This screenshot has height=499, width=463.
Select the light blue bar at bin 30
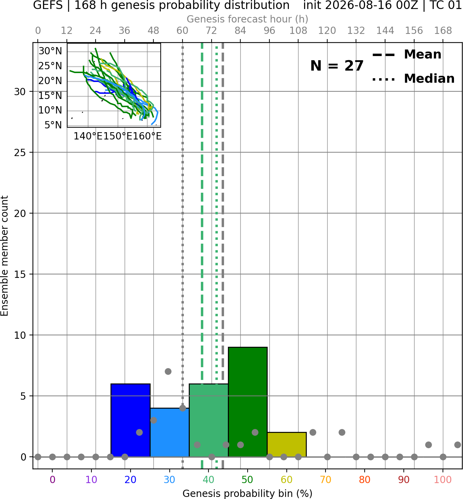point(169,432)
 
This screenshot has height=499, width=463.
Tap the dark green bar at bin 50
point(248,402)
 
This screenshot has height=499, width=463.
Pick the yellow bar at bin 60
point(287,444)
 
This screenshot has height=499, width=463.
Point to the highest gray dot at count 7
point(168,371)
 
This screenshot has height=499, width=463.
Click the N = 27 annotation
point(337,66)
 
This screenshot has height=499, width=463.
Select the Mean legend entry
point(407,54)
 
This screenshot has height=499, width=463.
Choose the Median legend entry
point(413,79)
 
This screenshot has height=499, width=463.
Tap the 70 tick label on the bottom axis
point(326,480)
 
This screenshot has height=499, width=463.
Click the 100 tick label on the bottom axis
point(443,480)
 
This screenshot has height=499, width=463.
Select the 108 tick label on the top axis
point(298,31)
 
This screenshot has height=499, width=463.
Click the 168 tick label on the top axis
point(443,31)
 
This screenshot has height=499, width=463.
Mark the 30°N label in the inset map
point(50,51)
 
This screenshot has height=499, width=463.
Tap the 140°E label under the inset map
point(88,136)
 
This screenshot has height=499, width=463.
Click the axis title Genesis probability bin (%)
point(248,493)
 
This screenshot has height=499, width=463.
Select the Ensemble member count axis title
point(5,256)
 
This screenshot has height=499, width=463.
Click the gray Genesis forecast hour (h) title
point(248,19)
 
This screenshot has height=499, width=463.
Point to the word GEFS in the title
point(48,5)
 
